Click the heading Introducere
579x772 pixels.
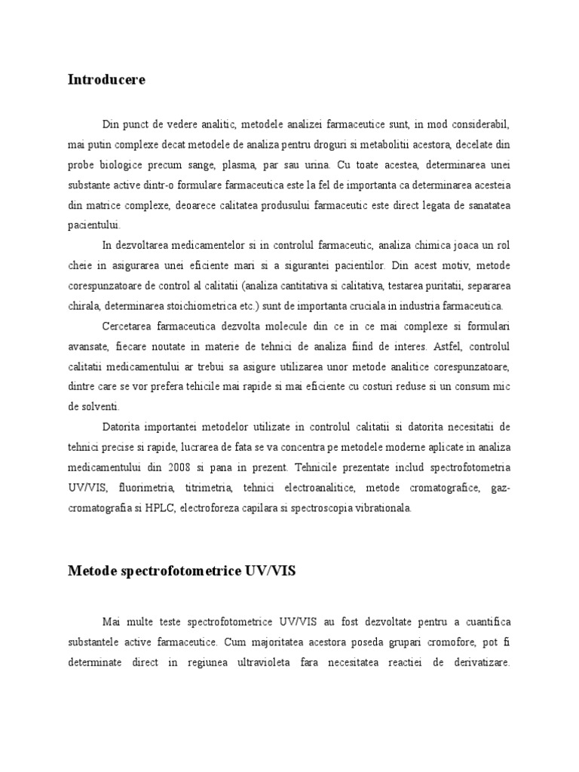point(108,79)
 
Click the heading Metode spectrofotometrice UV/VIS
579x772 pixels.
point(182,571)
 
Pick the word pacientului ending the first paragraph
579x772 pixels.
point(93,225)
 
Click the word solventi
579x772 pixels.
point(89,406)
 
